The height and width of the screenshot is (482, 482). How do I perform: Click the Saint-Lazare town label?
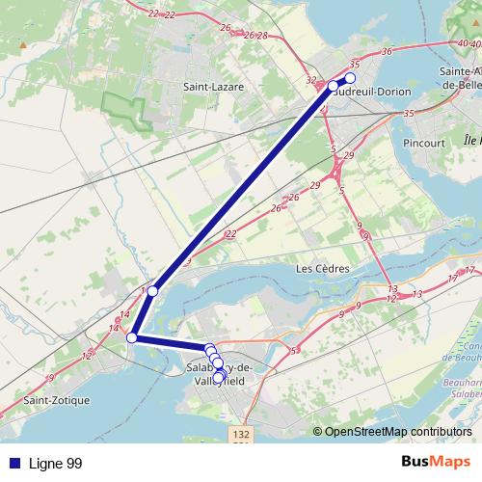(214, 87)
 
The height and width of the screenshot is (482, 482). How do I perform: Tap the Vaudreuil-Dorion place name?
(374, 92)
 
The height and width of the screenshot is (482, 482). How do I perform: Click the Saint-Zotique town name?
(56, 399)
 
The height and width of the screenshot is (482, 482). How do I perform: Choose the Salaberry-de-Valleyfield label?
(217, 374)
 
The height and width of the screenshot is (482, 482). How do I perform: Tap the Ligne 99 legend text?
(55, 464)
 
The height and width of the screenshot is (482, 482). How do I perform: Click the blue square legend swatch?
(13, 464)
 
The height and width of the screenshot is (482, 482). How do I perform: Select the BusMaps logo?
(435, 463)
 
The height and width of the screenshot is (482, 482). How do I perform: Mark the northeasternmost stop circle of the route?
(350, 78)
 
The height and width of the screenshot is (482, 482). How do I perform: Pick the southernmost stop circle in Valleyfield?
(218, 377)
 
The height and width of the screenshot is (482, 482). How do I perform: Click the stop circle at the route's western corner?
(132, 337)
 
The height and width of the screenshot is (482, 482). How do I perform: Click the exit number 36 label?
(387, 51)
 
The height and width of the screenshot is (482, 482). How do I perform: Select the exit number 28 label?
(262, 35)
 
